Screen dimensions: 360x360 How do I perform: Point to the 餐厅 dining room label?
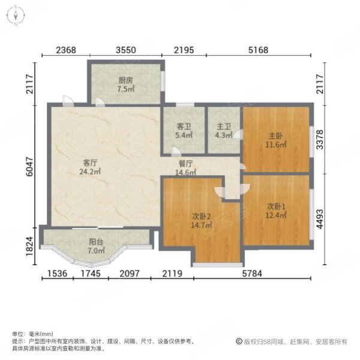[185, 163]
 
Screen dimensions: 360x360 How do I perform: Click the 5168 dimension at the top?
[259, 50]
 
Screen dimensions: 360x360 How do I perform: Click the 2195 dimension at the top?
[185, 50]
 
